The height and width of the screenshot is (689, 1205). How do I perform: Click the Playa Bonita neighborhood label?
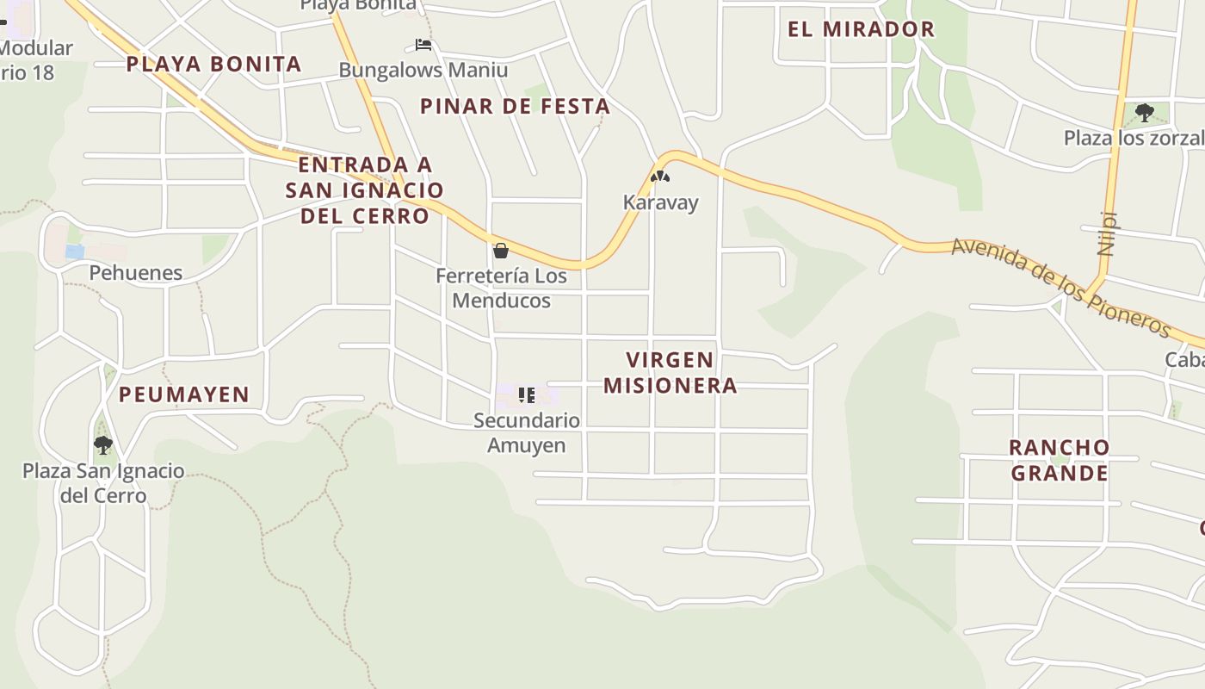pyautogui.click(x=213, y=64)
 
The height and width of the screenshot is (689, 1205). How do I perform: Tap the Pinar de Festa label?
pyautogui.click(x=515, y=107)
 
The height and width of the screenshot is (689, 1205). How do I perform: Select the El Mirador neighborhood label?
pyautogui.click(x=861, y=29)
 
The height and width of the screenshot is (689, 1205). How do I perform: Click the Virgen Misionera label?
pyautogui.click(x=670, y=372)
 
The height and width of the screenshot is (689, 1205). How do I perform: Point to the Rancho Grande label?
pyautogui.click(x=1059, y=460)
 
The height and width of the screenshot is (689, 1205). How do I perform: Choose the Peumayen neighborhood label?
pyautogui.click(x=184, y=394)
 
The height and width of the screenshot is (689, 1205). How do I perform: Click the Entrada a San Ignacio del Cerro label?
pyautogui.click(x=364, y=190)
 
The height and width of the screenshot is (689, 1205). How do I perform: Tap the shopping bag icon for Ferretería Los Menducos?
pyautogui.click(x=501, y=251)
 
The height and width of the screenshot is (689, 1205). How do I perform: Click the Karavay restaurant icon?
pyautogui.click(x=660, y=177)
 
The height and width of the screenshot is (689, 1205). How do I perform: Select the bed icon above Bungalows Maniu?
pyautogui.click(x=423, y=45)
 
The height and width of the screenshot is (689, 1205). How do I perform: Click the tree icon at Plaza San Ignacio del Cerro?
pyautogui.click(x=103, y=444)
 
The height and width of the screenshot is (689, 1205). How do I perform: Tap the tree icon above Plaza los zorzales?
pyautogui.click(x=1144, y=112)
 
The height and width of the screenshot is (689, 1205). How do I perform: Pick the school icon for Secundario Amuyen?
pyautogui.click(x=526, y=395)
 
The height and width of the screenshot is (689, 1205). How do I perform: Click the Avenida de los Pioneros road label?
pyautogui.click(x=1060, y=288)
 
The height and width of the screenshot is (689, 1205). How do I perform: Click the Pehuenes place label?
pyautogui.click(x=136, y=273)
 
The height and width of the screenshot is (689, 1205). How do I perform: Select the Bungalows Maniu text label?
pyautogui.click(x=423, y=71)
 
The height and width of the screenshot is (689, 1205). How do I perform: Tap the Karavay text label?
pyautogui.click(x=660, y=203)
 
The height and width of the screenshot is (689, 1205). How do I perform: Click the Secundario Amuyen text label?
pyautogui.click(x=527, y=432)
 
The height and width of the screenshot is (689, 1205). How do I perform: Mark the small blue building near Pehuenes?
pyautogui.click(x=75, y=251)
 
